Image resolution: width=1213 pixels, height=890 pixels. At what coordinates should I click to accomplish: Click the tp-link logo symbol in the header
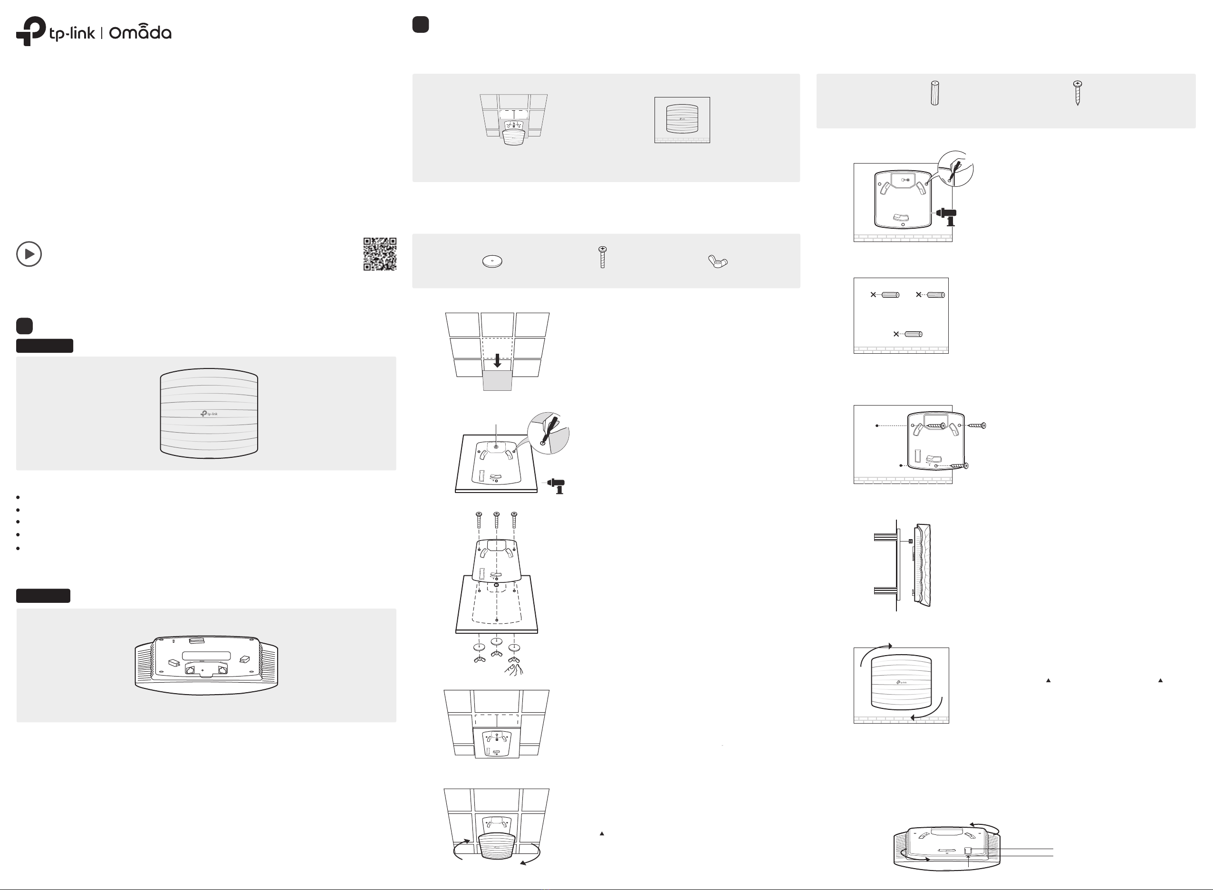(31, 31)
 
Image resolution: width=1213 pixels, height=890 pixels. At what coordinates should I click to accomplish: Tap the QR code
(380, 254)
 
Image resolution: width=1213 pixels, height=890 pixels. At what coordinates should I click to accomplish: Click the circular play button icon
(29, 254)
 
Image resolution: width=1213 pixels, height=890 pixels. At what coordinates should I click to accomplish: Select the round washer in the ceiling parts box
(492, 261)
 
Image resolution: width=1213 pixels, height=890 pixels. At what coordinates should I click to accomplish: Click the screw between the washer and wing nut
(603, 257)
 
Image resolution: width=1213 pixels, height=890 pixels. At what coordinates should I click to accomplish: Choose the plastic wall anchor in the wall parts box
(934, 93)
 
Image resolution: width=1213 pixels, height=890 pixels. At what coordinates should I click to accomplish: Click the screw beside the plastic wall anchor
(1077, 93)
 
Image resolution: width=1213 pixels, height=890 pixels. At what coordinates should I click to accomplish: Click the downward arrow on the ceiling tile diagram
(497, 360)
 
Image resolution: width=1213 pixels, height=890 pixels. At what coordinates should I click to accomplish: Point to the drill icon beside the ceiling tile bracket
(557, 485)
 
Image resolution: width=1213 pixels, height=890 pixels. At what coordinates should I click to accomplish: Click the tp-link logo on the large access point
(209, 414)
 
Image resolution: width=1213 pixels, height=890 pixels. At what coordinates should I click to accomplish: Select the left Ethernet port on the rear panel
(191, 669)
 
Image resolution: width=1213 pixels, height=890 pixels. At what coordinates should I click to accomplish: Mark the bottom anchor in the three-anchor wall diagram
(913, 334)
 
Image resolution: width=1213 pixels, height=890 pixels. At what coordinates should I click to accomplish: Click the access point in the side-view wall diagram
(923, 565)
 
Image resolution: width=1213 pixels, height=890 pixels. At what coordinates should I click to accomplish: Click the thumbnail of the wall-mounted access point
(682, 120)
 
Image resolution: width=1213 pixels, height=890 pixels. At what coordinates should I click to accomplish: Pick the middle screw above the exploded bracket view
(497, 520)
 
